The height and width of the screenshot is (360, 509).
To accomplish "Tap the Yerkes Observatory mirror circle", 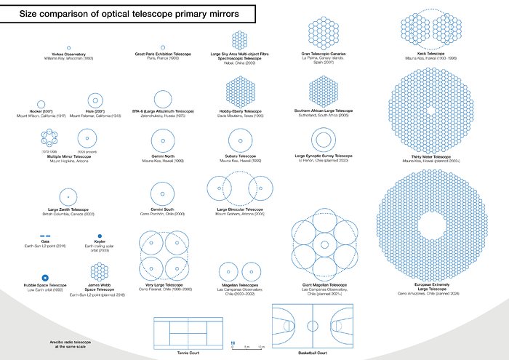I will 69,47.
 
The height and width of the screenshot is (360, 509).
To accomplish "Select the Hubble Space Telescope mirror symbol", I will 45,277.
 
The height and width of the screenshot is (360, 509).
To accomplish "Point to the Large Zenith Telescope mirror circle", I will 68,195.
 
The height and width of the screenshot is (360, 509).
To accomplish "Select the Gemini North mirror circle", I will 162,138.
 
